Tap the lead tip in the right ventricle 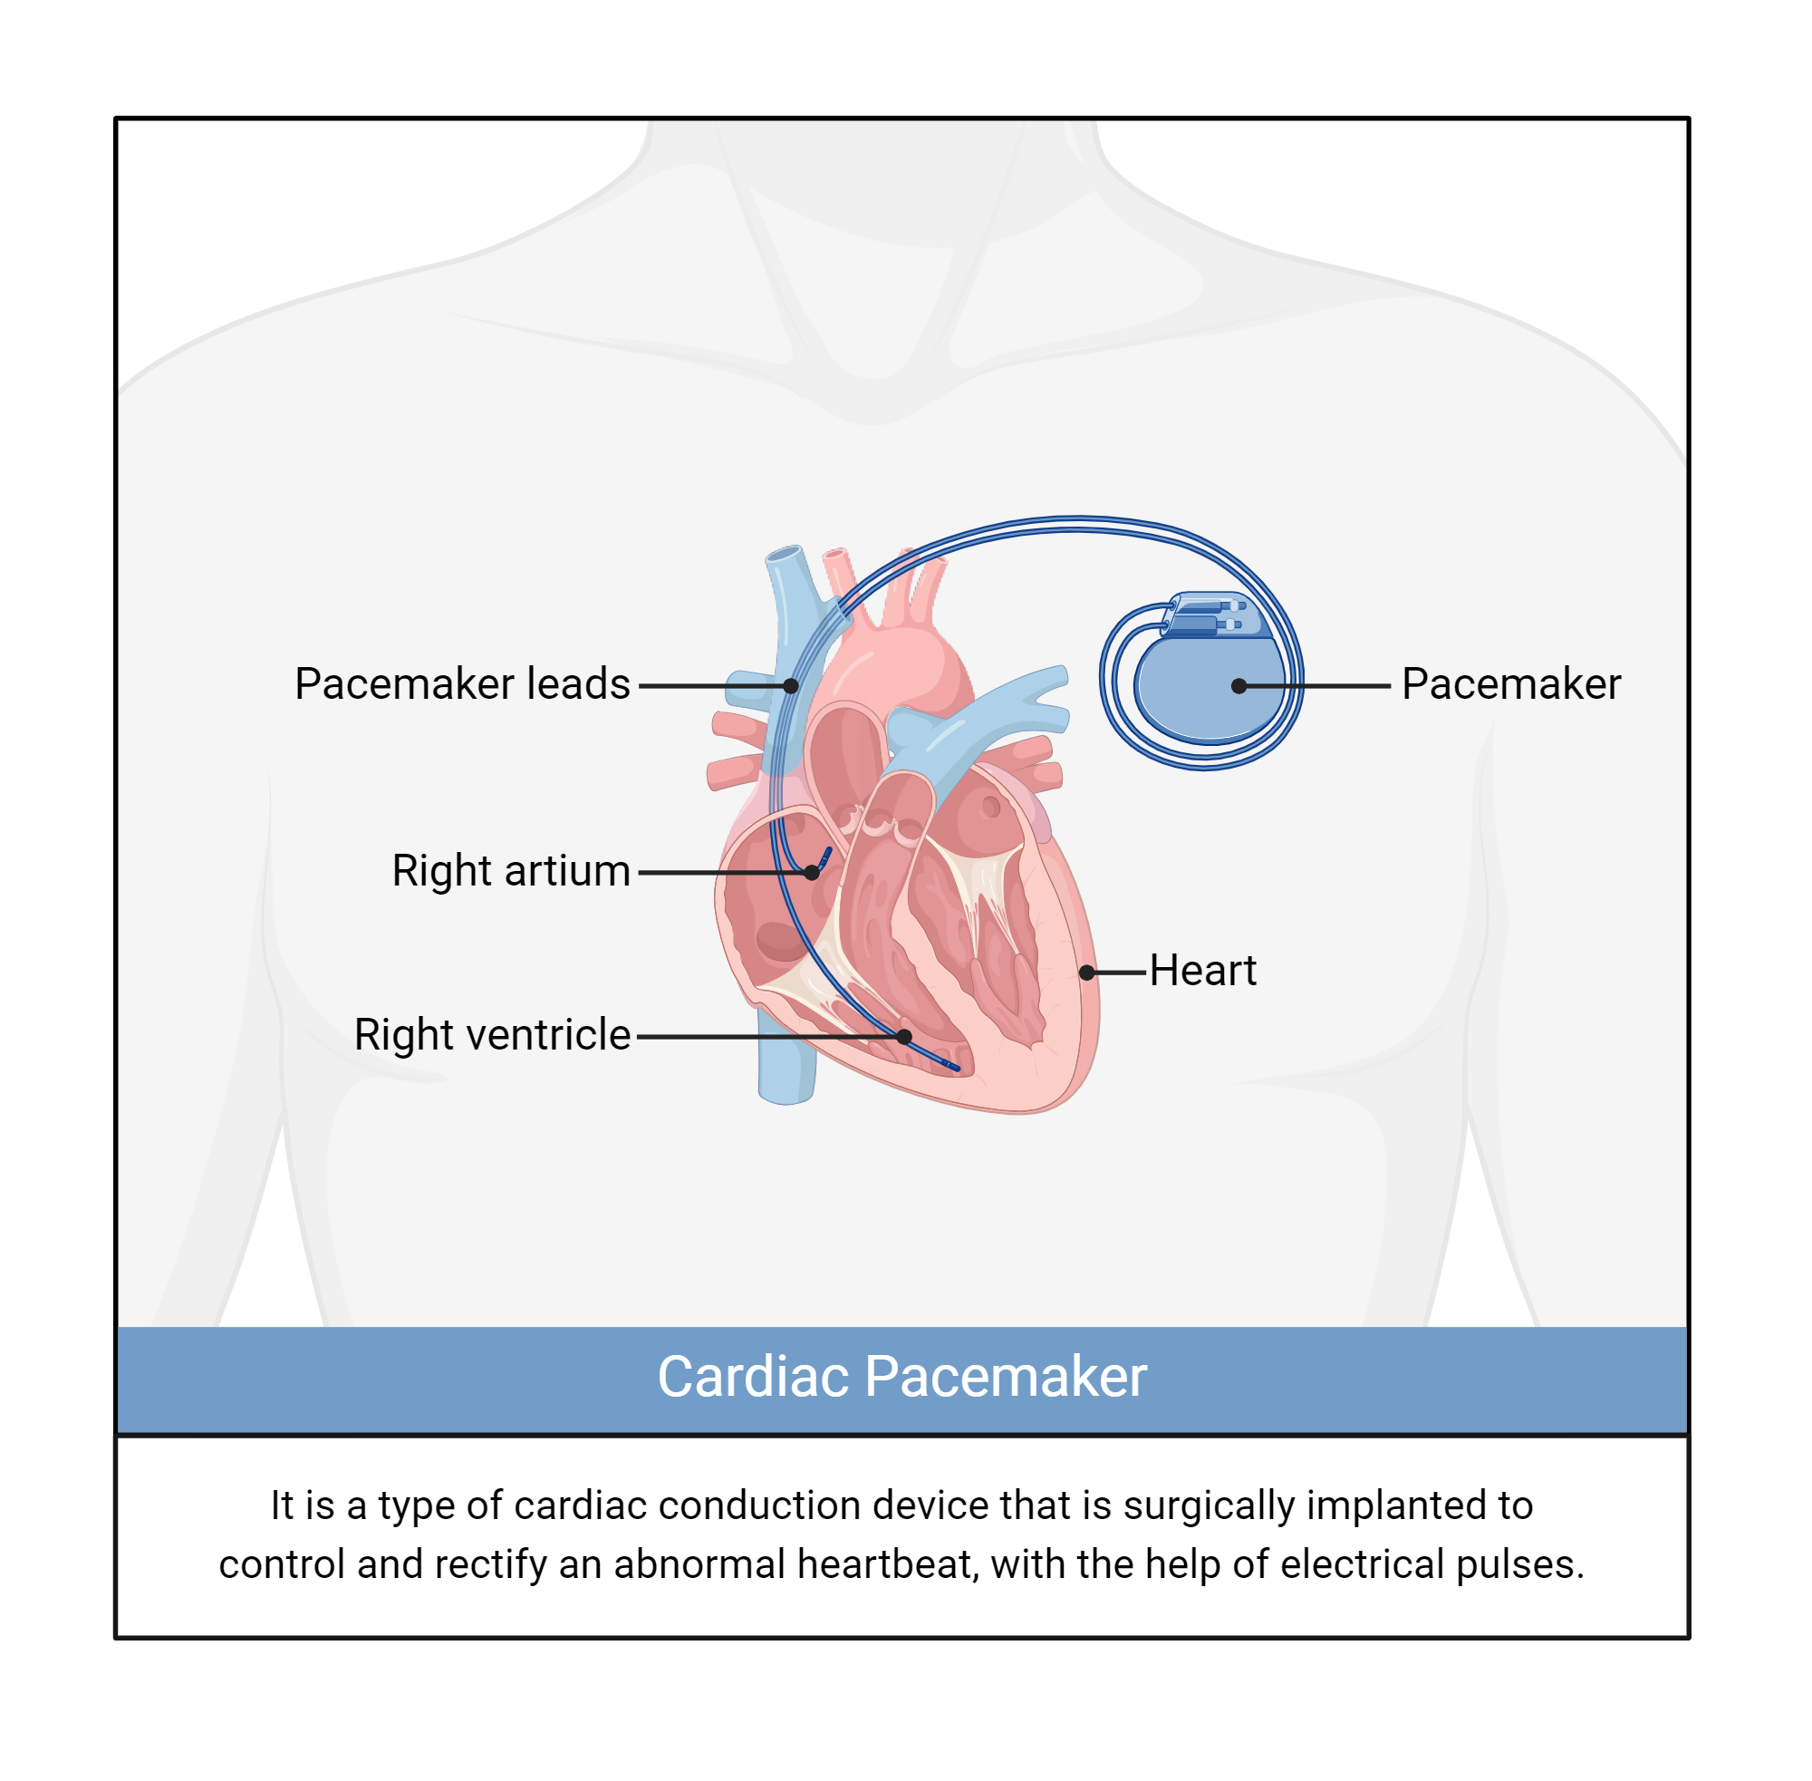pos(954,1068)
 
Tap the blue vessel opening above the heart pos(786,554)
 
